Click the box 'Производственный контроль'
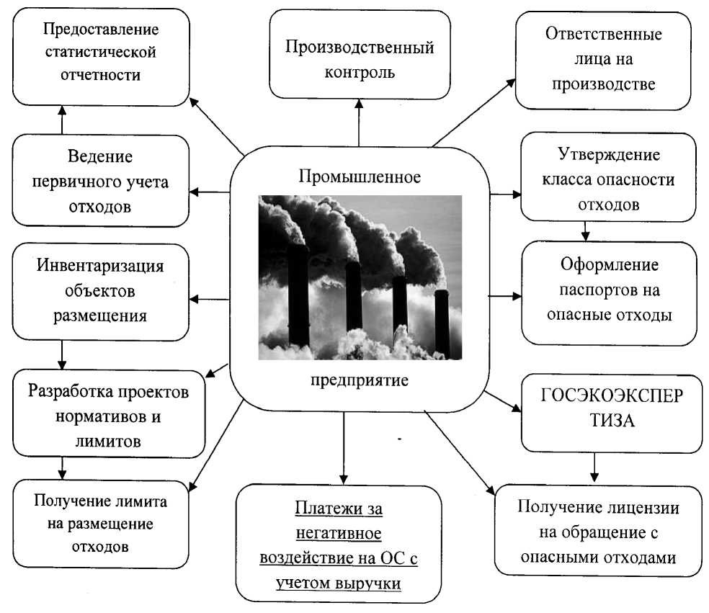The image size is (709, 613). (359, 60)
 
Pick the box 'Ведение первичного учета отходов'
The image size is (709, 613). (101, 182)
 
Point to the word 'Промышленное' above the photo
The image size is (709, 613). (358, 175)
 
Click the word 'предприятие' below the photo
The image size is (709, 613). (356, 379)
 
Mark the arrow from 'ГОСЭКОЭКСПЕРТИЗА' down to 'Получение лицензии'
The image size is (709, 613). (594, 467)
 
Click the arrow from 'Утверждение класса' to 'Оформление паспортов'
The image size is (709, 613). (586, 231)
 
